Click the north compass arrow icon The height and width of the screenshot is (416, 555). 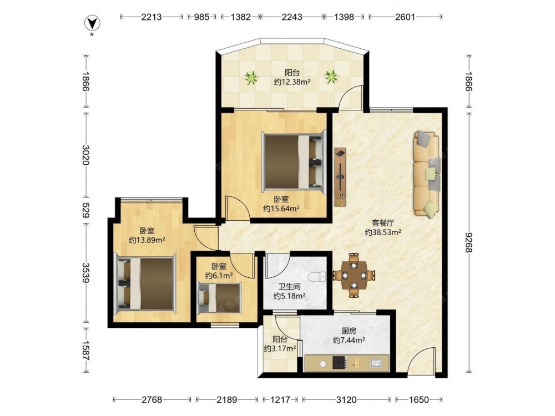click(92, 23)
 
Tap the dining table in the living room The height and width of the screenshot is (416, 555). click(354, 275)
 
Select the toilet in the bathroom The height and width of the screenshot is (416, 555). click(317, 276)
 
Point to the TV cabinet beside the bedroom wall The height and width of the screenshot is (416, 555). click(340, 177)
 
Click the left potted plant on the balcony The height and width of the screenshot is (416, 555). click(251, 77)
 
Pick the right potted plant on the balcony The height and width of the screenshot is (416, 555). click(332, 77)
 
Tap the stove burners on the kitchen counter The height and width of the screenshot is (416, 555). click(340, 363)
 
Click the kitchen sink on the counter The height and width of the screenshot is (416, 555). click(376, 363)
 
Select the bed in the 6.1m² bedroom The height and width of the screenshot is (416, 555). click(219, 297)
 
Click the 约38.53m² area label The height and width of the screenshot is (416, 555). click(383, 232)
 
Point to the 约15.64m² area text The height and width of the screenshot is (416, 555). click(281, 209)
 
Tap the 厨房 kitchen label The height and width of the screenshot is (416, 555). click(349, 331)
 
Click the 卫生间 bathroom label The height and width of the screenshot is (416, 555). click(290, 287)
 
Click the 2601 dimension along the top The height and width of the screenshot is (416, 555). click(405, 17)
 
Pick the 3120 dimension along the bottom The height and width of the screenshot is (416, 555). click(346, 400)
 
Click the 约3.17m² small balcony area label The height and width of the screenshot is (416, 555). click(280, 348)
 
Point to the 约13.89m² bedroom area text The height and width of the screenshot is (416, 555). click(147, 240)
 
